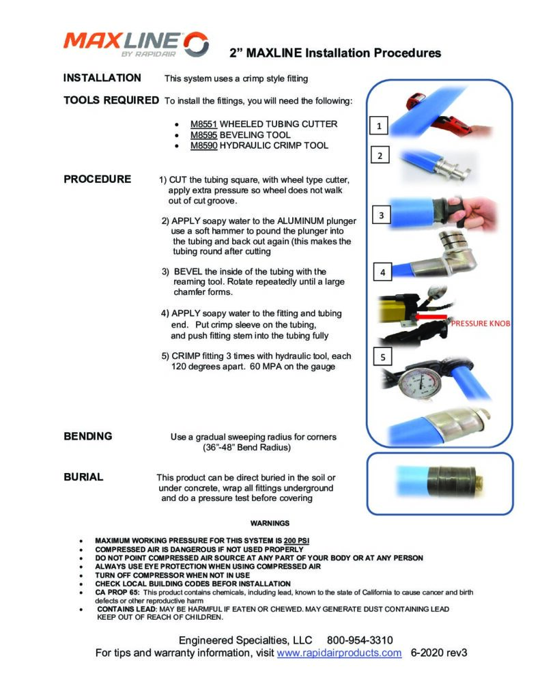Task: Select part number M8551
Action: pyautogui.click(x=203, y=124)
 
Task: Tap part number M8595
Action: pyautogui.click(x=203, y=135)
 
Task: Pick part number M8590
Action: pyautogui.click(x=203, y=145)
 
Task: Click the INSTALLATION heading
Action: pyautogui.click(x=102, y=78)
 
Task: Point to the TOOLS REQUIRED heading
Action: pyautogui.click(x=111, y=100)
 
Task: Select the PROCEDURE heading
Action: pyautogui.click(x=97, y=180)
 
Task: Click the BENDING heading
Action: pyautogui.click(x=88, y=436)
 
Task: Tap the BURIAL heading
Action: pyautogui.click(x=83, y=477)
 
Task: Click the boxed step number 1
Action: pyautogui.click(x=379, y=126)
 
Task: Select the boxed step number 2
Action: pyautogui.click(x=379, y=156)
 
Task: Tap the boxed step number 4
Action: pyautogui.click(x=382, y=272)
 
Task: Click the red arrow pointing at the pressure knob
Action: pyautogui.click(x=425, y=317)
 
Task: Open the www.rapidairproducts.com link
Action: pyautogui.click(x=339, y=653)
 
